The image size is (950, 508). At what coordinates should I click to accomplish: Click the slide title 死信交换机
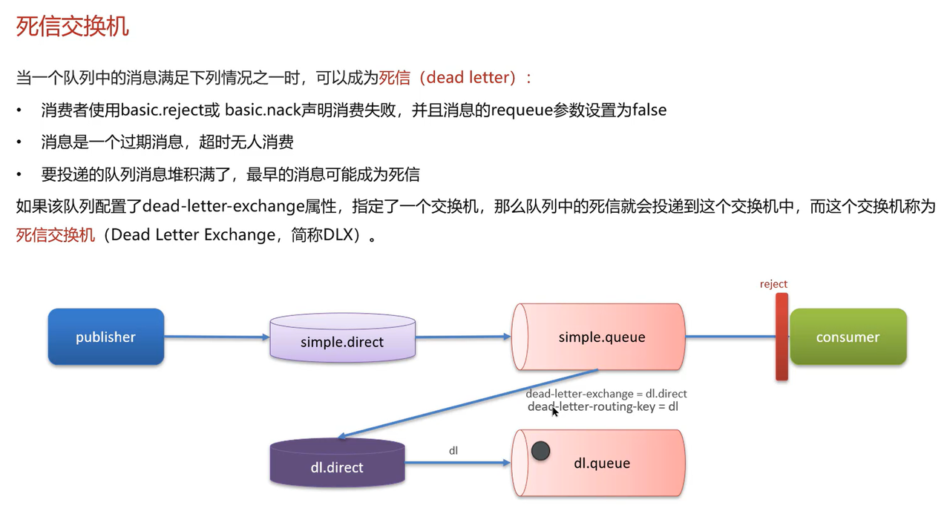(x=73, y=25)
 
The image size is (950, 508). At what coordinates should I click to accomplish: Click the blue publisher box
(x=105, y=337)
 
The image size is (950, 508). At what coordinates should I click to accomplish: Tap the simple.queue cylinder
(x=601, y=337)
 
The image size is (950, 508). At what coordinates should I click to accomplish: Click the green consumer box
(x=848, y=337)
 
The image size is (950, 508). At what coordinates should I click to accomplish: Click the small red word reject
(x=773, y=284)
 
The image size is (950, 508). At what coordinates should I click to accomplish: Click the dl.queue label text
(x=602, y=464)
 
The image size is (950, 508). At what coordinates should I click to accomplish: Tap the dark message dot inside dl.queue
(x=540, y=450)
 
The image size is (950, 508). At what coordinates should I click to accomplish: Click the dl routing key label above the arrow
(x=453, y=450)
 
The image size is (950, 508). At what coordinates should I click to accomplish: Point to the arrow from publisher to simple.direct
(x=215, y=337)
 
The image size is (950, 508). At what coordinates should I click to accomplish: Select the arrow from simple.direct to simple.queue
(x=462, y=337)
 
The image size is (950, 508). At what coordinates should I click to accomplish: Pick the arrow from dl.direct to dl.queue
(x=457, y=463)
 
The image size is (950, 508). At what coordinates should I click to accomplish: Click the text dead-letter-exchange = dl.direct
(x=606, y=394)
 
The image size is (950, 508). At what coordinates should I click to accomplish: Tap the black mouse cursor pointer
(x=554, y=411)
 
